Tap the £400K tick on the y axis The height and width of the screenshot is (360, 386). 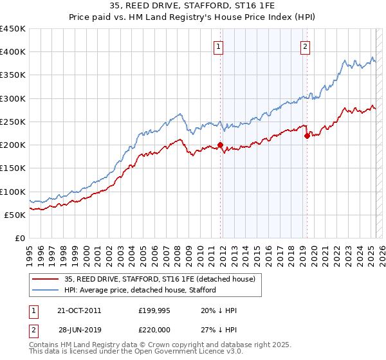point(13,52)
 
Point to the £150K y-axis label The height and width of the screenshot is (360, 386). point(13,168)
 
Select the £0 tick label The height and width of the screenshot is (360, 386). point(20,239)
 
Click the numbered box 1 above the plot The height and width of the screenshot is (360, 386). point(219,46)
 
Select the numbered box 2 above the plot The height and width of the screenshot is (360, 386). point(305,46)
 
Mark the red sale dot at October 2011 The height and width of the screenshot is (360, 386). point(221,145)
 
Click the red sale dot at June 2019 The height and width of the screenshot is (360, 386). point(308,135)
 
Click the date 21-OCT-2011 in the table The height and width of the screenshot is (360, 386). point(78,310)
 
